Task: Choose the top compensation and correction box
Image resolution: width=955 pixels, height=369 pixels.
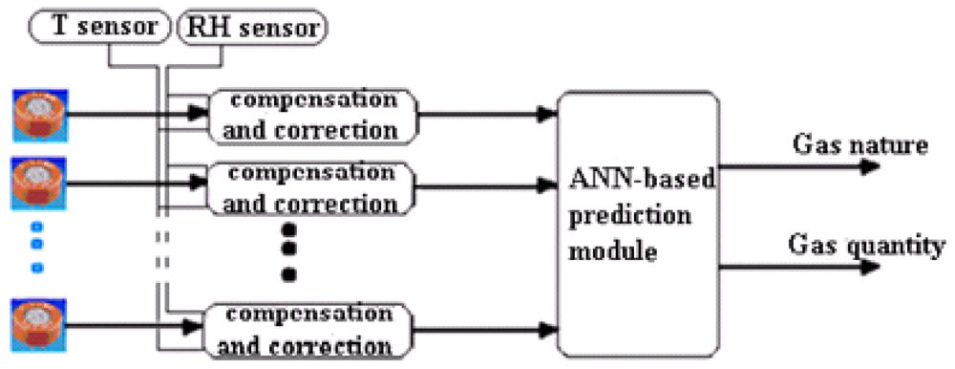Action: point(313,115)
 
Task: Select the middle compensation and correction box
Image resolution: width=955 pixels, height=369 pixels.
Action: point(313,188)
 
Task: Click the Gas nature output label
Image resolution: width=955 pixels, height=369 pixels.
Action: point(859,146)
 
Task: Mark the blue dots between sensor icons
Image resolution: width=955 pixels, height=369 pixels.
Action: point(37,244)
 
